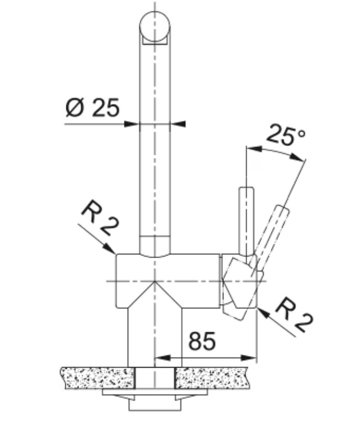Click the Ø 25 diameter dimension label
coord(92,107)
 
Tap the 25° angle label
coord(286,135)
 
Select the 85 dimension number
coord(202,341)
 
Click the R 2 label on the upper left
coord(100,218)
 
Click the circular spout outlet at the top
coord(155,27)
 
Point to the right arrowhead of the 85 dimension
coord(248,358)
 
